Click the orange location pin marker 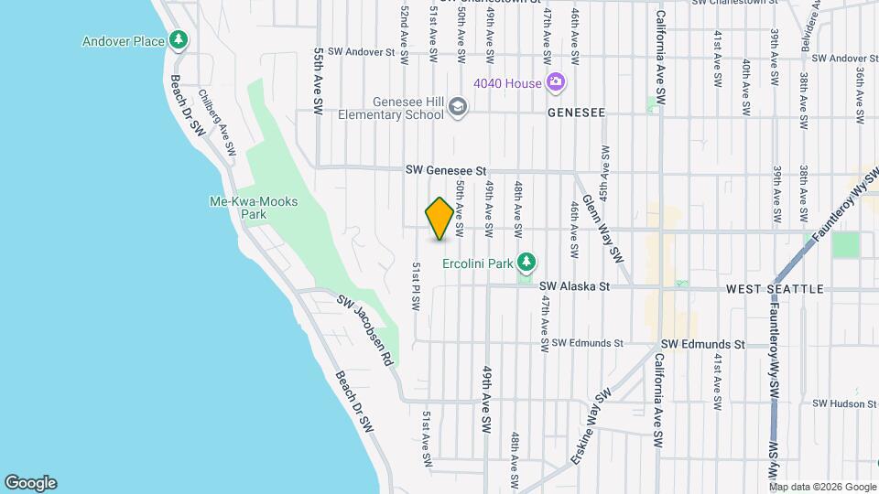(439, 219)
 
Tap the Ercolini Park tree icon (526, 263)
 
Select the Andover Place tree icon (179, 40)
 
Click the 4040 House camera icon (555, 83)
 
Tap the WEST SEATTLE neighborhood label (775, 289)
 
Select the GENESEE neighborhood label (576, 113)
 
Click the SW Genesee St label (446, 171)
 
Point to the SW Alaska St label (574, 286)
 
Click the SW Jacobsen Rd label (364, 330)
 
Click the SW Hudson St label (844, 403)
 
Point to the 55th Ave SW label (319, 81)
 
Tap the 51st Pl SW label (416, 285)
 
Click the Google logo (30, 483)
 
